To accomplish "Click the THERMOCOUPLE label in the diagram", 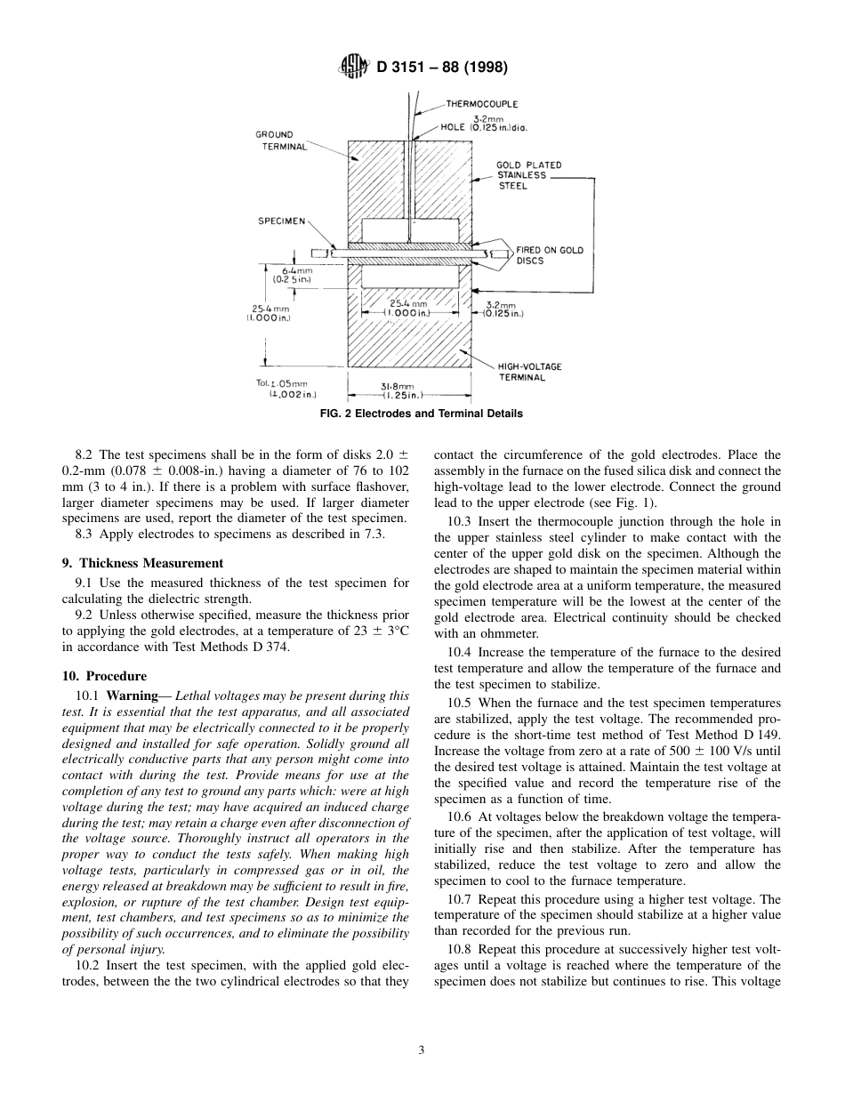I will [481, 104].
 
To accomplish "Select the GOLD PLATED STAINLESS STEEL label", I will [528, 175].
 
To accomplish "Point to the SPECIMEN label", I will [281, 221].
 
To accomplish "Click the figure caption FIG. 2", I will [422, 414].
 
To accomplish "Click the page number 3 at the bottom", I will [422, 1050].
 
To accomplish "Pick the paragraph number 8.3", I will [85, 532].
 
